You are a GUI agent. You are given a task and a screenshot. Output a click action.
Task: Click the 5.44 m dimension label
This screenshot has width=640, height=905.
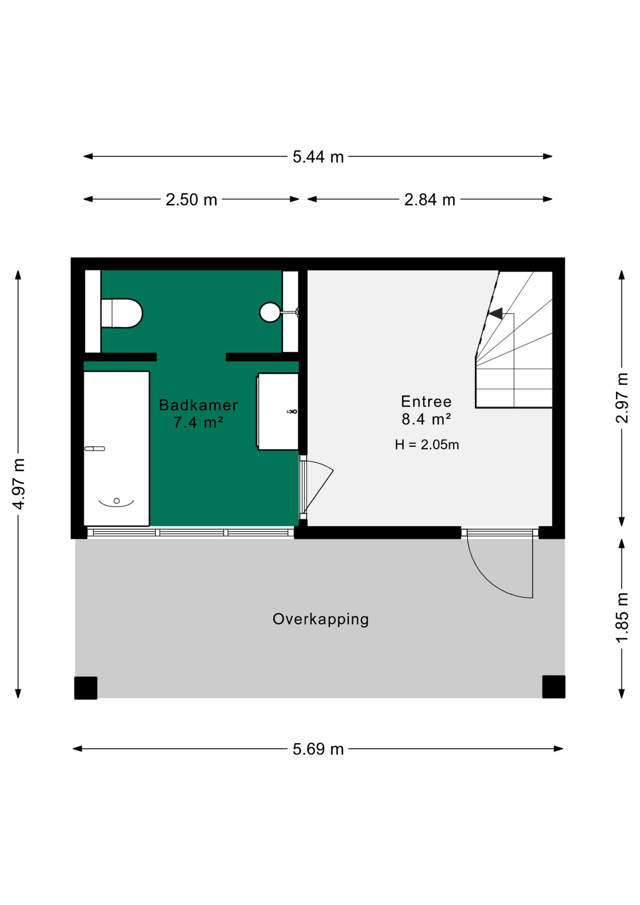pos(318,157)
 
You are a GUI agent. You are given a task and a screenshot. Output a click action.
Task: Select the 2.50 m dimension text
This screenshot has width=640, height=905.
pos(191,200)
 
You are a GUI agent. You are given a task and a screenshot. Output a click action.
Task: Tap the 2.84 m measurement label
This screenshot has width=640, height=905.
pos(430,200)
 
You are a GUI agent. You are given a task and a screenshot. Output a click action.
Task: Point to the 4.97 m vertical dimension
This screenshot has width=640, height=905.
pos(18,484)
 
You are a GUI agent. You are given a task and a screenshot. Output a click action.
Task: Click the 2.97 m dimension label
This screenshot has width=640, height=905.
pos(622,398)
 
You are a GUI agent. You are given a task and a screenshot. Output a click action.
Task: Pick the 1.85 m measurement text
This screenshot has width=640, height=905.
pos(622,617)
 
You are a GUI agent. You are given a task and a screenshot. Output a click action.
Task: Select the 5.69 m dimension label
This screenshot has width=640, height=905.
pos(318,749)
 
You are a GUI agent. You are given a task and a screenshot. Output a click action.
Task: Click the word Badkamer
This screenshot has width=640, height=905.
pos(198,405)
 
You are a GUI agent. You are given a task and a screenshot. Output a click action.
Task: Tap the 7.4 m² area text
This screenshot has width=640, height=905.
pos(198,422)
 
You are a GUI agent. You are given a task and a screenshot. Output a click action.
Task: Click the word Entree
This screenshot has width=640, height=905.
pos(427,402)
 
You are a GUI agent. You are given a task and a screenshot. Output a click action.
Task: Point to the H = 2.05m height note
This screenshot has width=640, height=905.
pos(427,444)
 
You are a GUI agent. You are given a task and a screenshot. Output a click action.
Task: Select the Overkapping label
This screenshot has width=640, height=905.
pos(320,619)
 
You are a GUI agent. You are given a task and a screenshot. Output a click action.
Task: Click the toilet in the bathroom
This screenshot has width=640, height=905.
pos(122,313)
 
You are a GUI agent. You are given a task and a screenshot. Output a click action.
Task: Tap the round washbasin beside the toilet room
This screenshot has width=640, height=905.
pos(270,312)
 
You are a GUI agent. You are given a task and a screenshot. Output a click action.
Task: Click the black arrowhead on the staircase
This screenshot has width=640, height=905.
pos(495,313)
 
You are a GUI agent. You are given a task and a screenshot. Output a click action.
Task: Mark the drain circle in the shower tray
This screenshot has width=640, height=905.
pos(117,501)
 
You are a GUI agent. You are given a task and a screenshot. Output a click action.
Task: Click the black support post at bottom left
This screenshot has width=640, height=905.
pos(86,688)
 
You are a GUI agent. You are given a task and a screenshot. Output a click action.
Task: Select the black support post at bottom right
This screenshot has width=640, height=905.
pos(554,687)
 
